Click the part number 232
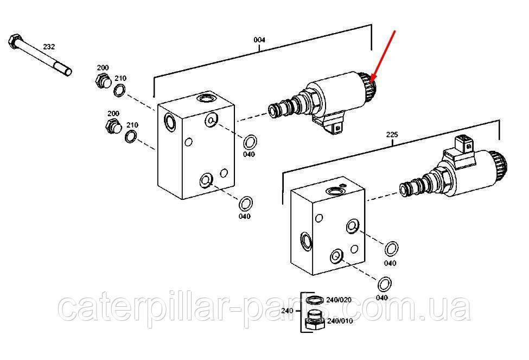49,47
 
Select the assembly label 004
259,40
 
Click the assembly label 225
392,135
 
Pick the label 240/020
339,300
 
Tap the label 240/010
340,321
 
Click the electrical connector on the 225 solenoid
464,143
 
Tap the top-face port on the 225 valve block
334,191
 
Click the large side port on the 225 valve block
307,241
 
